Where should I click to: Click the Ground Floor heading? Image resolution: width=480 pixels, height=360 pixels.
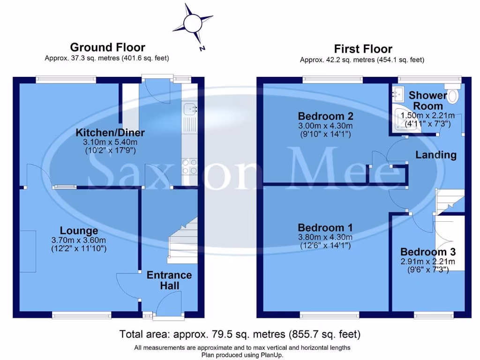107,47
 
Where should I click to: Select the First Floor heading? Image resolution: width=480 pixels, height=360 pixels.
363,49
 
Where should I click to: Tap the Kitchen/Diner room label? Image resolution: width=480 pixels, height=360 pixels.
110,133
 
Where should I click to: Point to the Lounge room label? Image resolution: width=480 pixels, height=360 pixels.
79,231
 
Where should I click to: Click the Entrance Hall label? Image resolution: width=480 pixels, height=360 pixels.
169,280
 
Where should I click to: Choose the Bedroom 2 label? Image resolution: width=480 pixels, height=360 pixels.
326,116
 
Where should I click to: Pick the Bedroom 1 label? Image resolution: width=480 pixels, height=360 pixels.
326,227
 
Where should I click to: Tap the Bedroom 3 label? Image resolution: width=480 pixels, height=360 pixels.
427,251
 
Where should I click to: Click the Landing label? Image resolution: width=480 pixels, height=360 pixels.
436,155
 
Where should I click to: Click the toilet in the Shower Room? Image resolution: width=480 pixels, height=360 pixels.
452,96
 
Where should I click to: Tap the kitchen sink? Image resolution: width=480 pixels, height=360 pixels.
189,109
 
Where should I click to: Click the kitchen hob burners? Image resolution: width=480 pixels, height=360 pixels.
189,167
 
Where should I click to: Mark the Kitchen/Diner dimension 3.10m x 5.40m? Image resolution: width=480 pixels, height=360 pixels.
110,142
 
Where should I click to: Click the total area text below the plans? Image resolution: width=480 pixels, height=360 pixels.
240,334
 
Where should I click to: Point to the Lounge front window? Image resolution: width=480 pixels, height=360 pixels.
82,314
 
